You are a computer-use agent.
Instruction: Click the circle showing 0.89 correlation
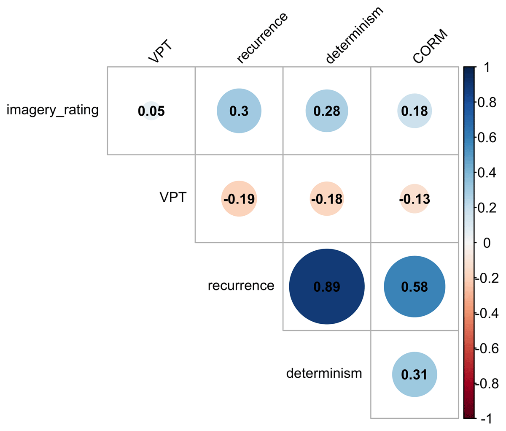click(327, 287)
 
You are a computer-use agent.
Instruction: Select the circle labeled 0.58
click(414, 287)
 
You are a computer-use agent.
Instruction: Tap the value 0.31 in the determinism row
click(414, 374)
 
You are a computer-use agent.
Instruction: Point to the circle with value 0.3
click(239, 111)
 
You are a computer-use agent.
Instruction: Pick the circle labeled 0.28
click(327, 111)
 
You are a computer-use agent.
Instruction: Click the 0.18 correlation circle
click(414, 111)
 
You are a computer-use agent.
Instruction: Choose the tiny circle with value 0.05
click(151, 111)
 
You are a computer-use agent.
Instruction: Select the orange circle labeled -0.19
click(239, 199)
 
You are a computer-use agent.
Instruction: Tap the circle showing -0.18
click(327, 199)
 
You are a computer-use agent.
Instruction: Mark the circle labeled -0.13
click(414, 199)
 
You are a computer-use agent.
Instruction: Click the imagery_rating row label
click(53, 111)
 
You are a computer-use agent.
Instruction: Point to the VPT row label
click(173, 198)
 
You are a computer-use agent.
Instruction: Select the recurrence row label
click(241, 286)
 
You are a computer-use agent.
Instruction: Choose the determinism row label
click(324, 373)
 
